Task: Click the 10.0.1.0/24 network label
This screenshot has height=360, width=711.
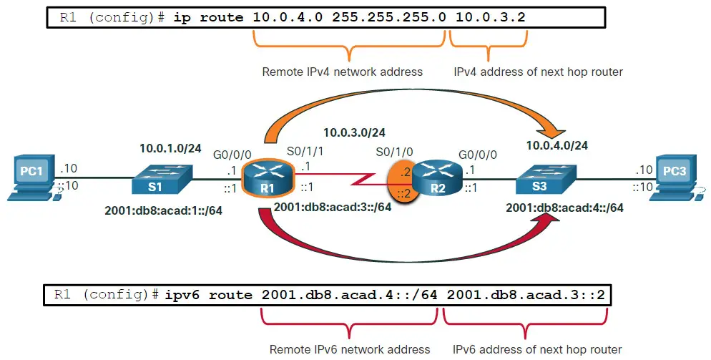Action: click(x=170, y=148)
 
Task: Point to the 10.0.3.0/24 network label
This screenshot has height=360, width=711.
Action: click(x=354, y=132)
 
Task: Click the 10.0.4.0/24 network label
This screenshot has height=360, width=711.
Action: click(x=556, y=145)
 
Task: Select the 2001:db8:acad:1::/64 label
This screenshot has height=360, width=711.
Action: click(x=164, y=211)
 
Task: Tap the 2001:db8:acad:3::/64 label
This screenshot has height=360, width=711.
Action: click(x=332, y=207)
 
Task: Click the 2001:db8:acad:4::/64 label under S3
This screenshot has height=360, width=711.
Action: click(x=564, y=208)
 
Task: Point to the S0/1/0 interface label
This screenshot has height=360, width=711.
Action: click(x=394, y=153)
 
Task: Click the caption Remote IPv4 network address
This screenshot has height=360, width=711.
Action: click(x=342, y=72)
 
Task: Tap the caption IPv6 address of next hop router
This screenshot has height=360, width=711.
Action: click(x=537, y=349)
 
